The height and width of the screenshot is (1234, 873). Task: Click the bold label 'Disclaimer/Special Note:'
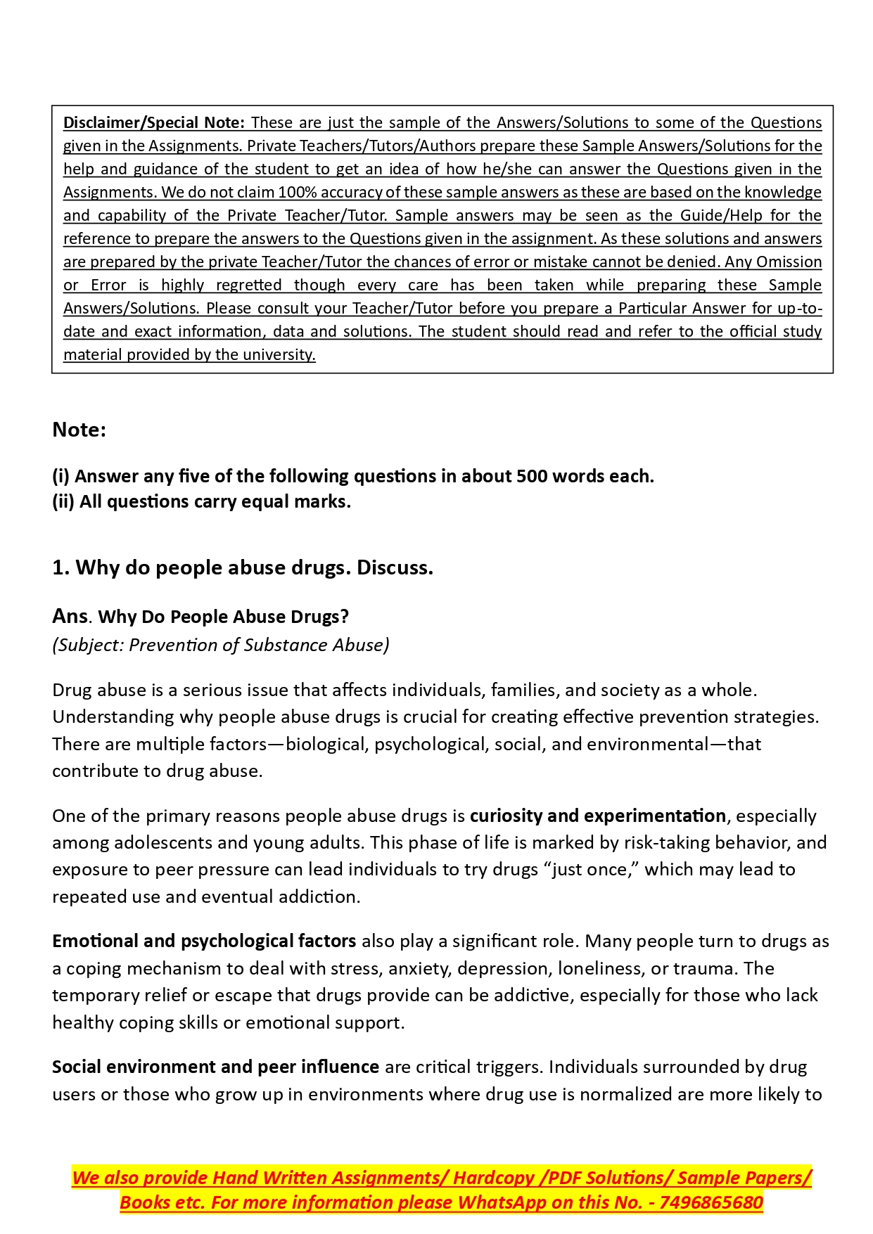[154, 122]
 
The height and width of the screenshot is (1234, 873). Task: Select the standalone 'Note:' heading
[79, 430]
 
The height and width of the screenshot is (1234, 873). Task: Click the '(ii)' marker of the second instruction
[63, 501]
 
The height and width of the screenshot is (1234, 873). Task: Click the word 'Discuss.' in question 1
[395, 567]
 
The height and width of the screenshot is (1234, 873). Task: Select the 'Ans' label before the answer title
[70, 617]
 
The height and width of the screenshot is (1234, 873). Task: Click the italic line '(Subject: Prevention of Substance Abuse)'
[220, 645]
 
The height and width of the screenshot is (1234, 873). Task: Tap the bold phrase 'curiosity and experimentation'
[597, 816]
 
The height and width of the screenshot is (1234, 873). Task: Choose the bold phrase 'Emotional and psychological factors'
[204, 941]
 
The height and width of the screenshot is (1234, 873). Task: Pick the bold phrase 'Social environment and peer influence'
[215, 1067]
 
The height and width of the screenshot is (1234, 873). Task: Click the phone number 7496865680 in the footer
[711, 1202]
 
